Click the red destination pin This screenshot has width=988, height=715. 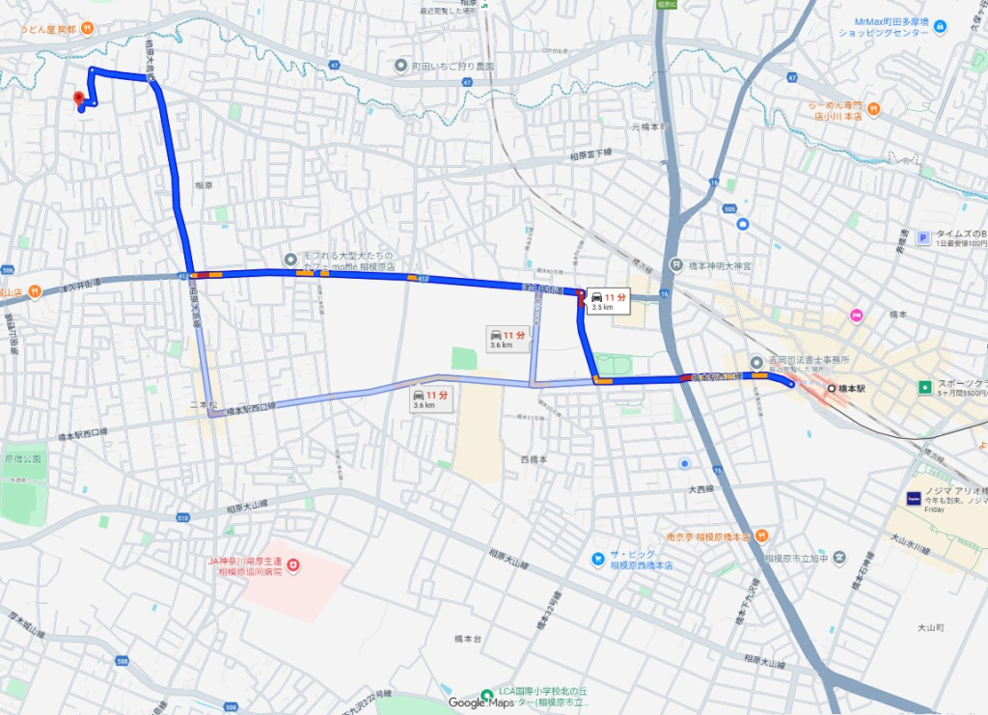pyautogui.click(x=78, y=98)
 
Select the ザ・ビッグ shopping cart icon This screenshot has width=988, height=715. pyautogui.click(x=598, y=559)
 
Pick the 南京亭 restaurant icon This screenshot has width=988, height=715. pyautogui.click(x=761, y=536)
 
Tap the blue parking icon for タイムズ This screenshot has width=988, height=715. pyautogui.click(x=922, y=236)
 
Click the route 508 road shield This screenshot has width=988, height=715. pyautogui.click(x=121, y=662)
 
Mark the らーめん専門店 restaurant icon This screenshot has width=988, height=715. pyautogui.click(x=872, y=109)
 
